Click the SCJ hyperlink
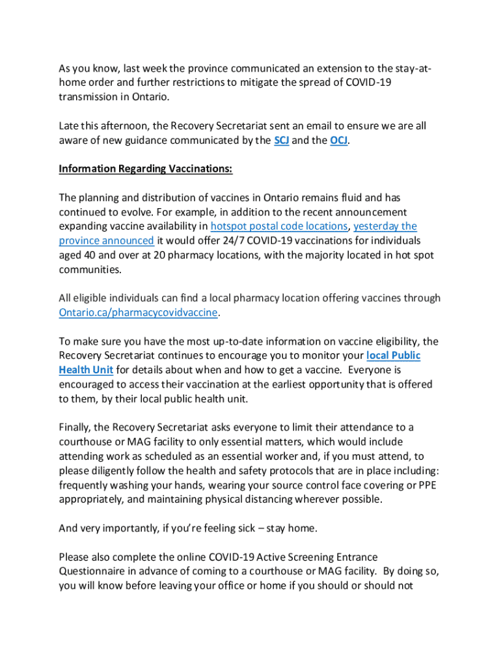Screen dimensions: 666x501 tap(282, 140)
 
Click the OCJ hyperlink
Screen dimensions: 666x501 tap(338, 140)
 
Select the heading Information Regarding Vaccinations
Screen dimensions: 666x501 tap(145, 169)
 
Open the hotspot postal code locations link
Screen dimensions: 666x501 tap(278, 226)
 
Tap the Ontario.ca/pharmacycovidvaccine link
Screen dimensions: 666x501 tap(139, 312)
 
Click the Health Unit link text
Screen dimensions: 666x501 tap(86, 369)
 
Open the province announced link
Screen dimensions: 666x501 tap(106, 241)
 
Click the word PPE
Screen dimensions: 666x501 tap(427, 485)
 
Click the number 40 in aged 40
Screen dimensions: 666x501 tap(92, 255)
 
